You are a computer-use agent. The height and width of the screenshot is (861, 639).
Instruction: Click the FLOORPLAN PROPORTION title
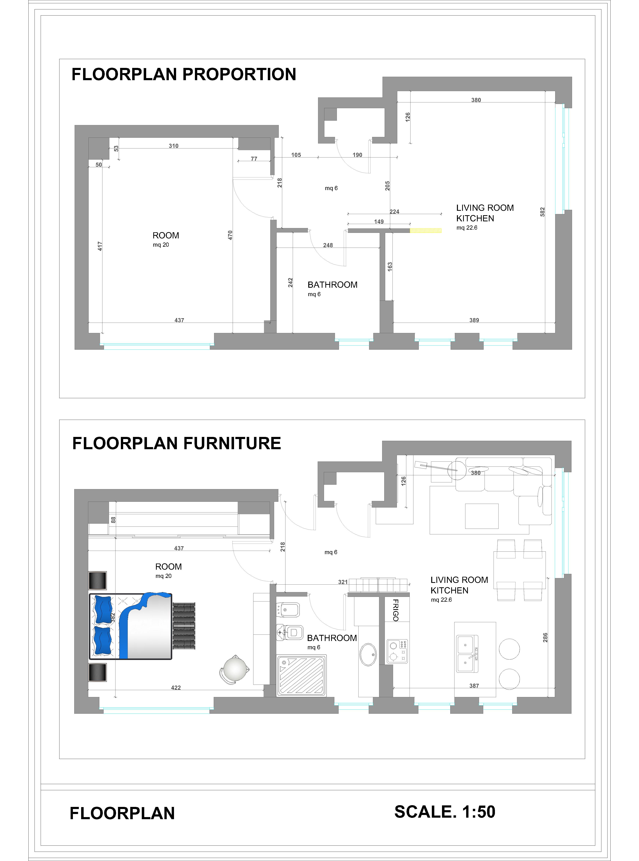click(184, 74)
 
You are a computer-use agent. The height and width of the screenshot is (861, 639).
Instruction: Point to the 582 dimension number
click(542, 212)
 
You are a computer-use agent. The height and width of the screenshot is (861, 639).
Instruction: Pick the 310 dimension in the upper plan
click(174, 146)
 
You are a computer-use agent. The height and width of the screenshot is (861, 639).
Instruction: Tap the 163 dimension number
click(390, 266)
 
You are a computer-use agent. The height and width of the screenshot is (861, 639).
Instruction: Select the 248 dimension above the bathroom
click(328, 245)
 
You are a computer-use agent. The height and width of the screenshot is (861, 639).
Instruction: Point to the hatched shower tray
click(301, 675)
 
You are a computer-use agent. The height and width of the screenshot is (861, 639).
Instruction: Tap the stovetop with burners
click(397, 651)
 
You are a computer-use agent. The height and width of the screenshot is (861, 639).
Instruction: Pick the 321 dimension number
click(343, 582)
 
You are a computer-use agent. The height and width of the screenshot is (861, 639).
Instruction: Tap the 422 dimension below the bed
click(176, 688)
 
